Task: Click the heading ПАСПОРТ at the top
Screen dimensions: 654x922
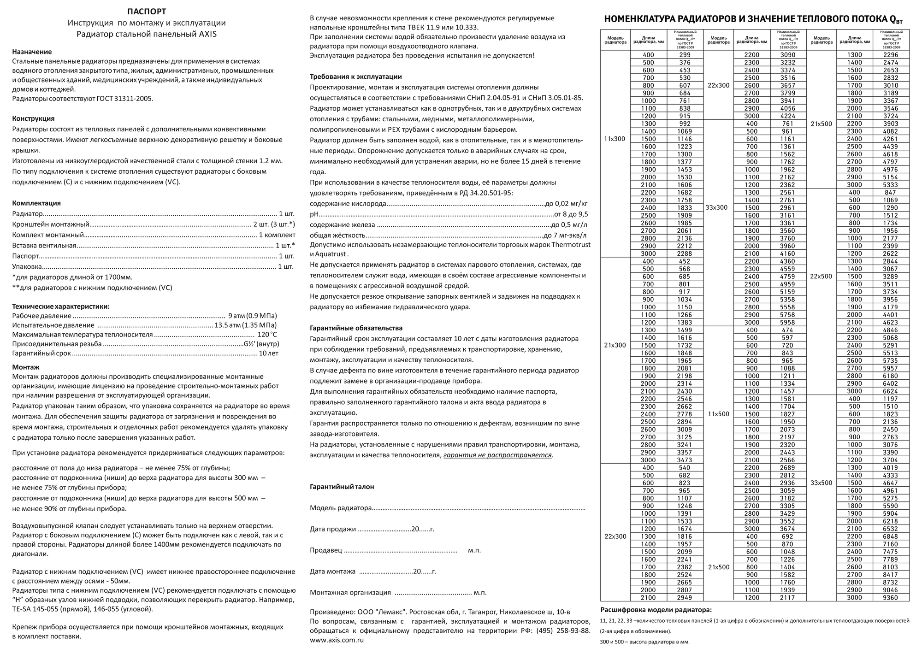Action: point(147,12)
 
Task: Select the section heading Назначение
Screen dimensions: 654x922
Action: point(32,52)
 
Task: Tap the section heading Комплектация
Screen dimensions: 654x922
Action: point(36,203)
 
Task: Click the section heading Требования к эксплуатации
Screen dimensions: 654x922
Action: point(355,77)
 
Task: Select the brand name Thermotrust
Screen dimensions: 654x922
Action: point(571,245)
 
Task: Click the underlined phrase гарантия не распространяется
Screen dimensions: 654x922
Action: point(497,455)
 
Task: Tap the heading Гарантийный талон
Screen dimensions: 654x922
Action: point(342,486)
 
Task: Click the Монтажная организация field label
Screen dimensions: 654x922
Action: point(350,593)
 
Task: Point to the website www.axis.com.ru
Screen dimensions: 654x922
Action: point(337,640)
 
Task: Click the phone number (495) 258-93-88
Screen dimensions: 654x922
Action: point(563,630)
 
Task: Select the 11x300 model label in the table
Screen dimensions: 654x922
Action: point(615,139)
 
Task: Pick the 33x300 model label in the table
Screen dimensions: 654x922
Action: point(716,207)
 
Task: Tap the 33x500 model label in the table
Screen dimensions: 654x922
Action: point(821,483)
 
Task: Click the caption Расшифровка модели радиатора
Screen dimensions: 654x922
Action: point(656,610)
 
